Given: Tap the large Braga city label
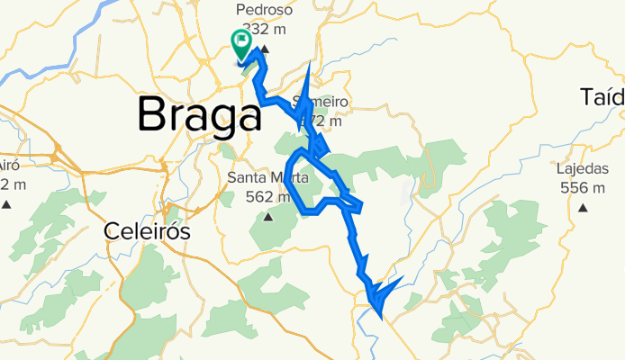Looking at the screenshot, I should coord(200,115).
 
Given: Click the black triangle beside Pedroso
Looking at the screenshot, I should coord(264,48).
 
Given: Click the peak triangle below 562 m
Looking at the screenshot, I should coord(267,217).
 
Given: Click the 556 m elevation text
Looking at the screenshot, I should coord(581,188).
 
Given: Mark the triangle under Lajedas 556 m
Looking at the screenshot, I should coord(582,208).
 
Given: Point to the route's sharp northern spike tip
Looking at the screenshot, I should coord(309,64).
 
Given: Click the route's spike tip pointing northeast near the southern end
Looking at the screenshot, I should coord(402,278).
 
